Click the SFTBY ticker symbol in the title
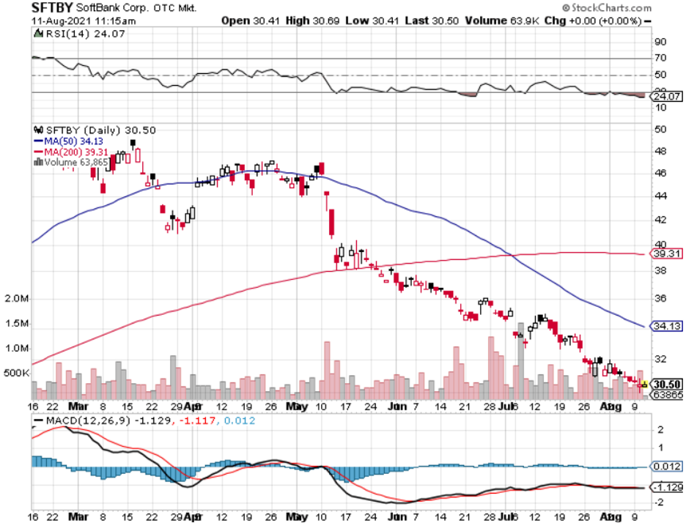(52, 8)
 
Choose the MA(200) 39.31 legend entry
(73, 151)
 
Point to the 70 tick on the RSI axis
(660, 58)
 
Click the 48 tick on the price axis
(660, 152)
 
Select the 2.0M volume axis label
(16, 300)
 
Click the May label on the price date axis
(297, 406)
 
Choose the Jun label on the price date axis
(396, 406)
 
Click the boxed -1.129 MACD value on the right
(665, 488)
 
